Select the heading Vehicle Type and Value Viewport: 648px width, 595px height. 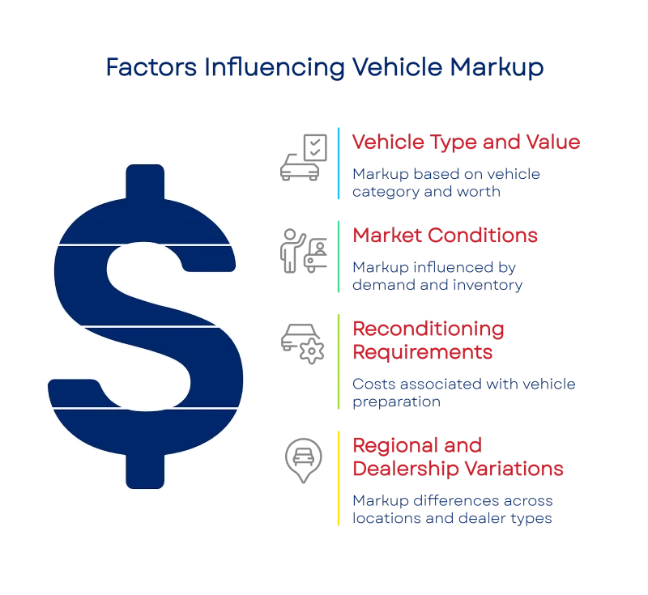point(466,142)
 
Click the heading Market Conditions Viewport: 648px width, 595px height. point(444,236)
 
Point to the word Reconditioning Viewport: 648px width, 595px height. point(427,330)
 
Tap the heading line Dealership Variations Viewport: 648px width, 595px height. point(457,469)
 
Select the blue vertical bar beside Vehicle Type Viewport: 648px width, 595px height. point(339,162)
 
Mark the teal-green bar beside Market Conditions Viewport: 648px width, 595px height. point(339,258)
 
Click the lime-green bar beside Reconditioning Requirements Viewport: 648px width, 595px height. point(339,362)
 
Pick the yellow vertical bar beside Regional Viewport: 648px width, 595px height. point(339,478)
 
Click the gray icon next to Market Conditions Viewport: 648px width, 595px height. point(302,252)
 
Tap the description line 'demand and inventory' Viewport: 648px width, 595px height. point(437,285)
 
